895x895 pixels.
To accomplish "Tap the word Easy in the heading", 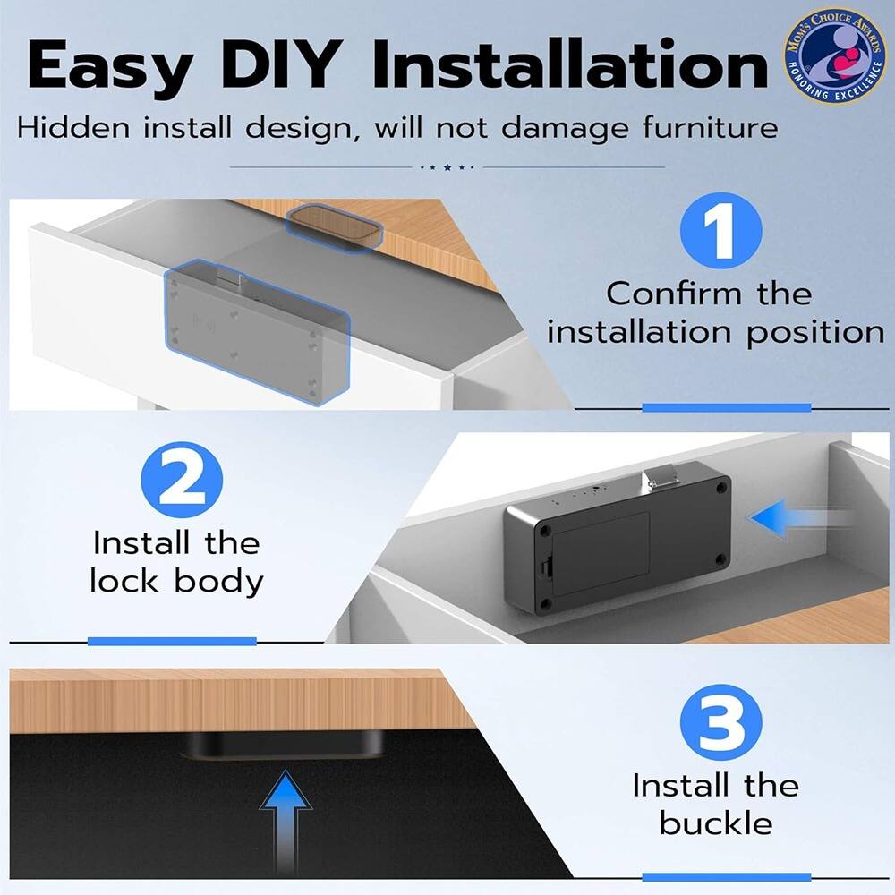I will [107, 64].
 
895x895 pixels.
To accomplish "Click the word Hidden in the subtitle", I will [74, 127].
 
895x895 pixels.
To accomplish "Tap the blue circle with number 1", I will [720, 231].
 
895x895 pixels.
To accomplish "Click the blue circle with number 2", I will [182, 481].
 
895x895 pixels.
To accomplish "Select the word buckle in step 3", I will [715, 823].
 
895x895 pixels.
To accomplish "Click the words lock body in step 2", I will [176, 581].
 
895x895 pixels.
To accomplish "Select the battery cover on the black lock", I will [600, 550].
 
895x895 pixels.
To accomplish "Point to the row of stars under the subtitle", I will [447, 166].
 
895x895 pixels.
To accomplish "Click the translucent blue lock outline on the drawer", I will [255, 331].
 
